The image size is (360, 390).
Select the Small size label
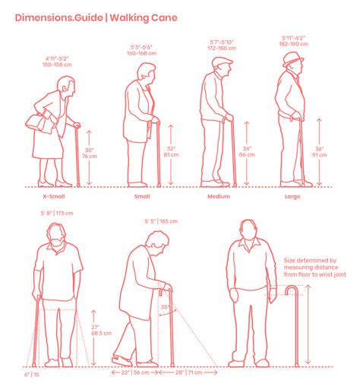pyautogui.click(x=142, y=196)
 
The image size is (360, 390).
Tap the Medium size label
pyautogui.click(x=219, y=196)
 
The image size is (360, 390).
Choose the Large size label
pyautogui.click(x=292, y=196)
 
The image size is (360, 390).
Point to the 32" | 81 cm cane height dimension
pyautogui.click(x=172, y=153)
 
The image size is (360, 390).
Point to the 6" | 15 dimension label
pyautogui.click(x=31, y=375)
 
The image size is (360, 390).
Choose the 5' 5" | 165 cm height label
pyautogui.click(x=160, y=221)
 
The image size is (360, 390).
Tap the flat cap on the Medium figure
pyautogui.click(x=222, y=62)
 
